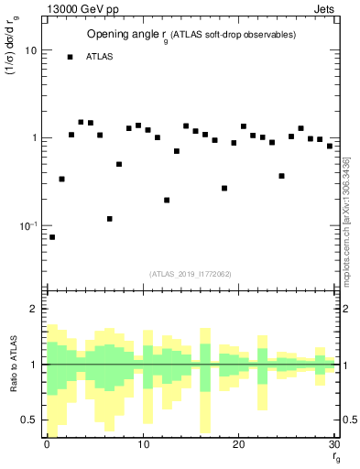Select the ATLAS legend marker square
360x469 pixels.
click(71, 57)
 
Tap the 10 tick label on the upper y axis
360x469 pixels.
click(30, 50)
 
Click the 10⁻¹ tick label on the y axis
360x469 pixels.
click(28, 225)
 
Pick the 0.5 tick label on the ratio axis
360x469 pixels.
click(27, 420)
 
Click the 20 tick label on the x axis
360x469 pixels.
click(238, 445)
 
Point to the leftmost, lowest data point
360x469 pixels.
click(52, 237)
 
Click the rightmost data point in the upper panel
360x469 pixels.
click(330, 146)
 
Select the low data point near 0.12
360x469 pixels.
click(110, 219)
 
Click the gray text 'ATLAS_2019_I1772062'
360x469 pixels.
click(190, 274)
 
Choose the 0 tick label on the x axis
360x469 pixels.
click(46, 445)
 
